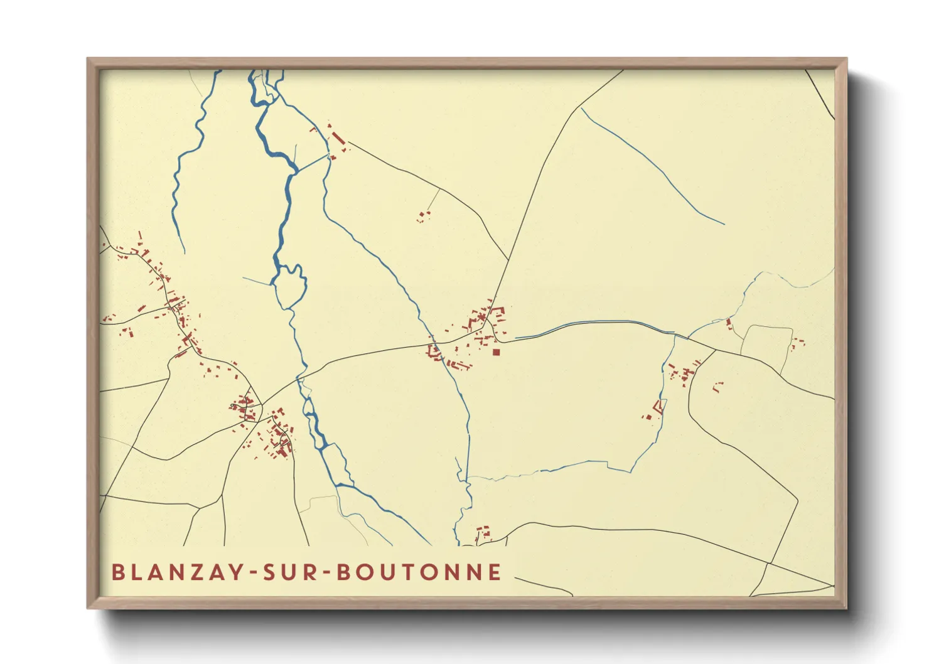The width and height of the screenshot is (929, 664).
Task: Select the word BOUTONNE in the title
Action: tap(419, 572)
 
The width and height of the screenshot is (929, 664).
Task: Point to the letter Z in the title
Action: tap(199, 572)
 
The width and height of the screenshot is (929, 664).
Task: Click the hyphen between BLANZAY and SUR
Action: tap(253, 572)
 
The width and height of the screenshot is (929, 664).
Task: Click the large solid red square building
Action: tap(496, 353)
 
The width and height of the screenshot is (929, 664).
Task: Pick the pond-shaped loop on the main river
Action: tap(289, 286)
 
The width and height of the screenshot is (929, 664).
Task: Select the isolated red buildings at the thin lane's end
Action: tap(422, 217)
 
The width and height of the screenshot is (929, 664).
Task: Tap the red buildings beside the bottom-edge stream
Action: tap(483, 533)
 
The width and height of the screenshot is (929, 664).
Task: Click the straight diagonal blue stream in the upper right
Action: tap(653, 166)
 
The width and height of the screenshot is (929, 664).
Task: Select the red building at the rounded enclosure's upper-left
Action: tap(729, 324)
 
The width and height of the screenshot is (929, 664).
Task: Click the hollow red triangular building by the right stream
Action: tap(658, 407)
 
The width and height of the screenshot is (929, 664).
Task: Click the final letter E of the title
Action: tap(496, 572)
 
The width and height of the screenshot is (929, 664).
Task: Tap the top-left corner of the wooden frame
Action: tap(89, 60)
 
